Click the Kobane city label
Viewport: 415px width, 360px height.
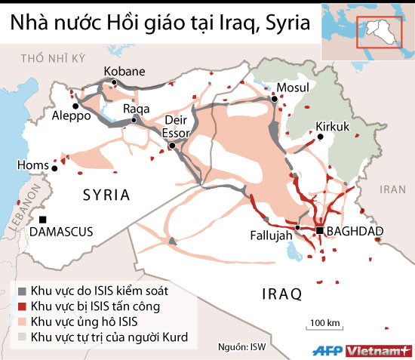122,71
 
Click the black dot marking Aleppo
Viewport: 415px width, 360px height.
75,106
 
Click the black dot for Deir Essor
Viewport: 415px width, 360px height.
173,145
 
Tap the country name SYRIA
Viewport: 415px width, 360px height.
106,195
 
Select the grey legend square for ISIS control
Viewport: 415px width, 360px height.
23,290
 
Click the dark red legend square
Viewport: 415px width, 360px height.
23,306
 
